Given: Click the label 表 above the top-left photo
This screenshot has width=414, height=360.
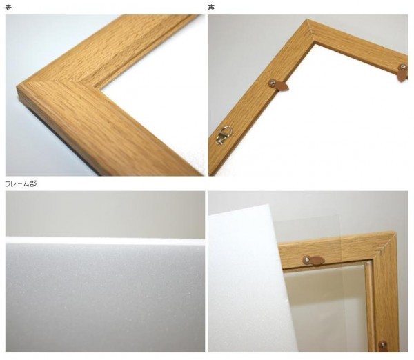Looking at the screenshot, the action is [8, 8].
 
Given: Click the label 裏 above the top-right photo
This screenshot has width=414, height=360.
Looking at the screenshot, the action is [211, 8].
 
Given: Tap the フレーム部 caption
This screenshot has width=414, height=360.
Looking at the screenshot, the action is [21, 184].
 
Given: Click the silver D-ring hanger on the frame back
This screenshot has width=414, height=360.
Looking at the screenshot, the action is [224, 135].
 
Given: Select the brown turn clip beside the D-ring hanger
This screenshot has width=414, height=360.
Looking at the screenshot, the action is [279, 86].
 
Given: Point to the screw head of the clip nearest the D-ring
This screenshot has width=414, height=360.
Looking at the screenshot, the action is [272, 83].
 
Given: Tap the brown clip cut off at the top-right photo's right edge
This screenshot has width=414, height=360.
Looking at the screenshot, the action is [403, 72].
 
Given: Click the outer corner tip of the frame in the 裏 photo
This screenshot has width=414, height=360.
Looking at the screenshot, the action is [307, 19].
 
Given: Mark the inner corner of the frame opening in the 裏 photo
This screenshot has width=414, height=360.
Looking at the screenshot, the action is [314, 43].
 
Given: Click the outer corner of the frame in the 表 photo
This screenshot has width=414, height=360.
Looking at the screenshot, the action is [18, 85].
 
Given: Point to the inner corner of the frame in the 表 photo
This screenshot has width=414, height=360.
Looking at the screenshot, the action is [101, 90].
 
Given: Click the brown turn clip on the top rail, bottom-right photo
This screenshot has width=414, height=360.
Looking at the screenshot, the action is [314, 261].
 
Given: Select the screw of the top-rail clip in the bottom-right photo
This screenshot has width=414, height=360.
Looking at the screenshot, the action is [307, 260].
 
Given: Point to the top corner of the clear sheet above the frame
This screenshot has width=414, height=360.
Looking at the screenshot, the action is [339, 216].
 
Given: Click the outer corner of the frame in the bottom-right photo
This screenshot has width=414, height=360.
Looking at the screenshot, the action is [394, 232].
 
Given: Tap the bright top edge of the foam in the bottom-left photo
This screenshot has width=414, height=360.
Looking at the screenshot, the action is [105, 241].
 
